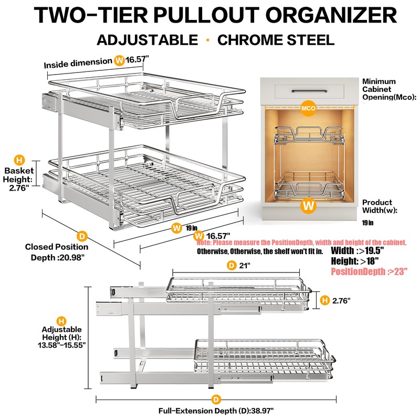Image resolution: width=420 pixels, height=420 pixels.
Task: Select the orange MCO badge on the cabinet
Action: click(x=308, y=109)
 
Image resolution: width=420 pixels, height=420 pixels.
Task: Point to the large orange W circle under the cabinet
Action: click(x=309, y=205)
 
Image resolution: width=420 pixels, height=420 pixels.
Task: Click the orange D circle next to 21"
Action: click(x=232, y=266)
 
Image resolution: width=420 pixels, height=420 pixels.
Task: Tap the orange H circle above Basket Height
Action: click(x=19, y=160)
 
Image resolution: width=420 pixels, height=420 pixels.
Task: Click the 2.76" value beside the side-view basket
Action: click(x=341, y=300)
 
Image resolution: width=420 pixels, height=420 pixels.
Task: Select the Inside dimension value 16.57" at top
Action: click(x=139, y=60)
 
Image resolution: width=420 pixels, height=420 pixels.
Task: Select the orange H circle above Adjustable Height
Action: click(x=61, y=321)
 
